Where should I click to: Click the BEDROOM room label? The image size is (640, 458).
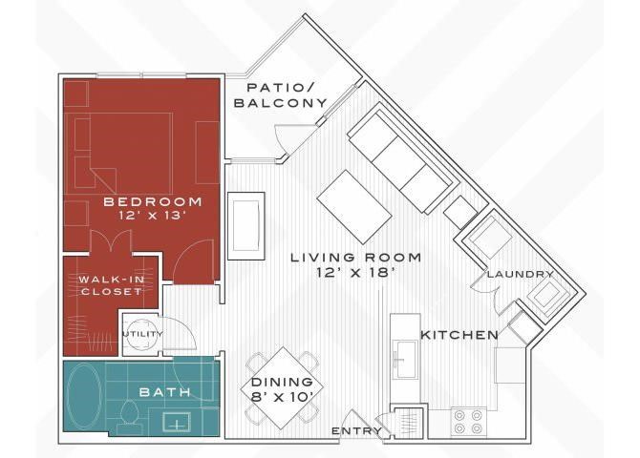click(153, 201)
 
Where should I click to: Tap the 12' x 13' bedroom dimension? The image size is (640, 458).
click(153, 216)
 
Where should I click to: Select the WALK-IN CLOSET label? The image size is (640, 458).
click(112, 285)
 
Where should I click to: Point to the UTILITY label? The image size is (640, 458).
click(143, 334)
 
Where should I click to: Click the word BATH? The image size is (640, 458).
click(165, 392)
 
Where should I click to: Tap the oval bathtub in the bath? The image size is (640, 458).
click(85, 396)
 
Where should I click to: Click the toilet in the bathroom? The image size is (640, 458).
click(130, 416)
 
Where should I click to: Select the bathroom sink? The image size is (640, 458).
click(177, 422)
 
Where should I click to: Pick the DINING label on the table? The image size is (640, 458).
click(282, 382)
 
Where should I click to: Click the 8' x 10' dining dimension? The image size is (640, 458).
click(282, 397)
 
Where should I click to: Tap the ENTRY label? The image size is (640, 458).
click(356, 430)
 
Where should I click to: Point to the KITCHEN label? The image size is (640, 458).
click(459, 335)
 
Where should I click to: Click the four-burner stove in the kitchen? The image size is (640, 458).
click(469, 422)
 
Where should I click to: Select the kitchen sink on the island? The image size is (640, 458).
click(405, 360)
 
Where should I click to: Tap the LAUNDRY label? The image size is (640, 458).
click(521, 275)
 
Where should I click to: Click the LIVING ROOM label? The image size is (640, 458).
click(356, 258)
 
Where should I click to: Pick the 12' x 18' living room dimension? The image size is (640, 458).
click(356, 273)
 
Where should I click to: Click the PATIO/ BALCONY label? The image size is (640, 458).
click(281, 95)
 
